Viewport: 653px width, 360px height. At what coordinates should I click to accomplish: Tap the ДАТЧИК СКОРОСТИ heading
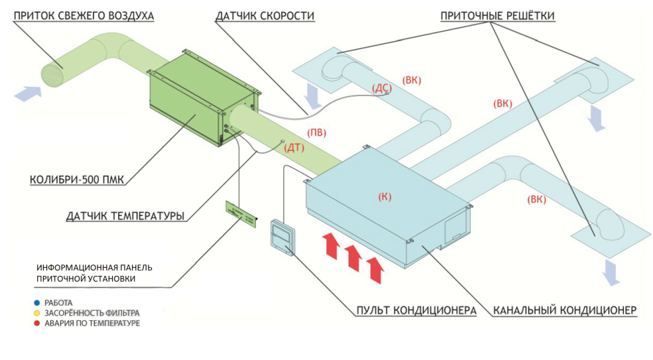pos(265,15)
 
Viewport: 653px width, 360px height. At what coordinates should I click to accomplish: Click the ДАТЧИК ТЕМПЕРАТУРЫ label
pos(125,215)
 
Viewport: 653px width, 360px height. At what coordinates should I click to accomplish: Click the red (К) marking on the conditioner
pos(385,197)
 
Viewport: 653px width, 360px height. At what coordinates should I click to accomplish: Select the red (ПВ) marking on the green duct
pos(317,132)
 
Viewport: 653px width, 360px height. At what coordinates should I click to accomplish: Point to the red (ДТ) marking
pos(294,147)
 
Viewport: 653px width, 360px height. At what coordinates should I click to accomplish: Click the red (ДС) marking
pos(382,88)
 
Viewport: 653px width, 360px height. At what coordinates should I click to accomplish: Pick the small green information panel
pos(241,213)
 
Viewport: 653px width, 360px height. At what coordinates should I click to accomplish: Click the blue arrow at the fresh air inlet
pos(26,93)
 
